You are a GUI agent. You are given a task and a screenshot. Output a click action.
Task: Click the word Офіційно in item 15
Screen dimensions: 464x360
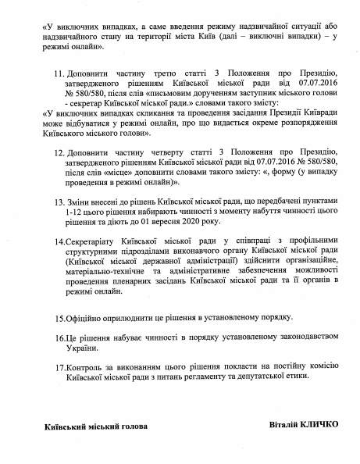(88, 319)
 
